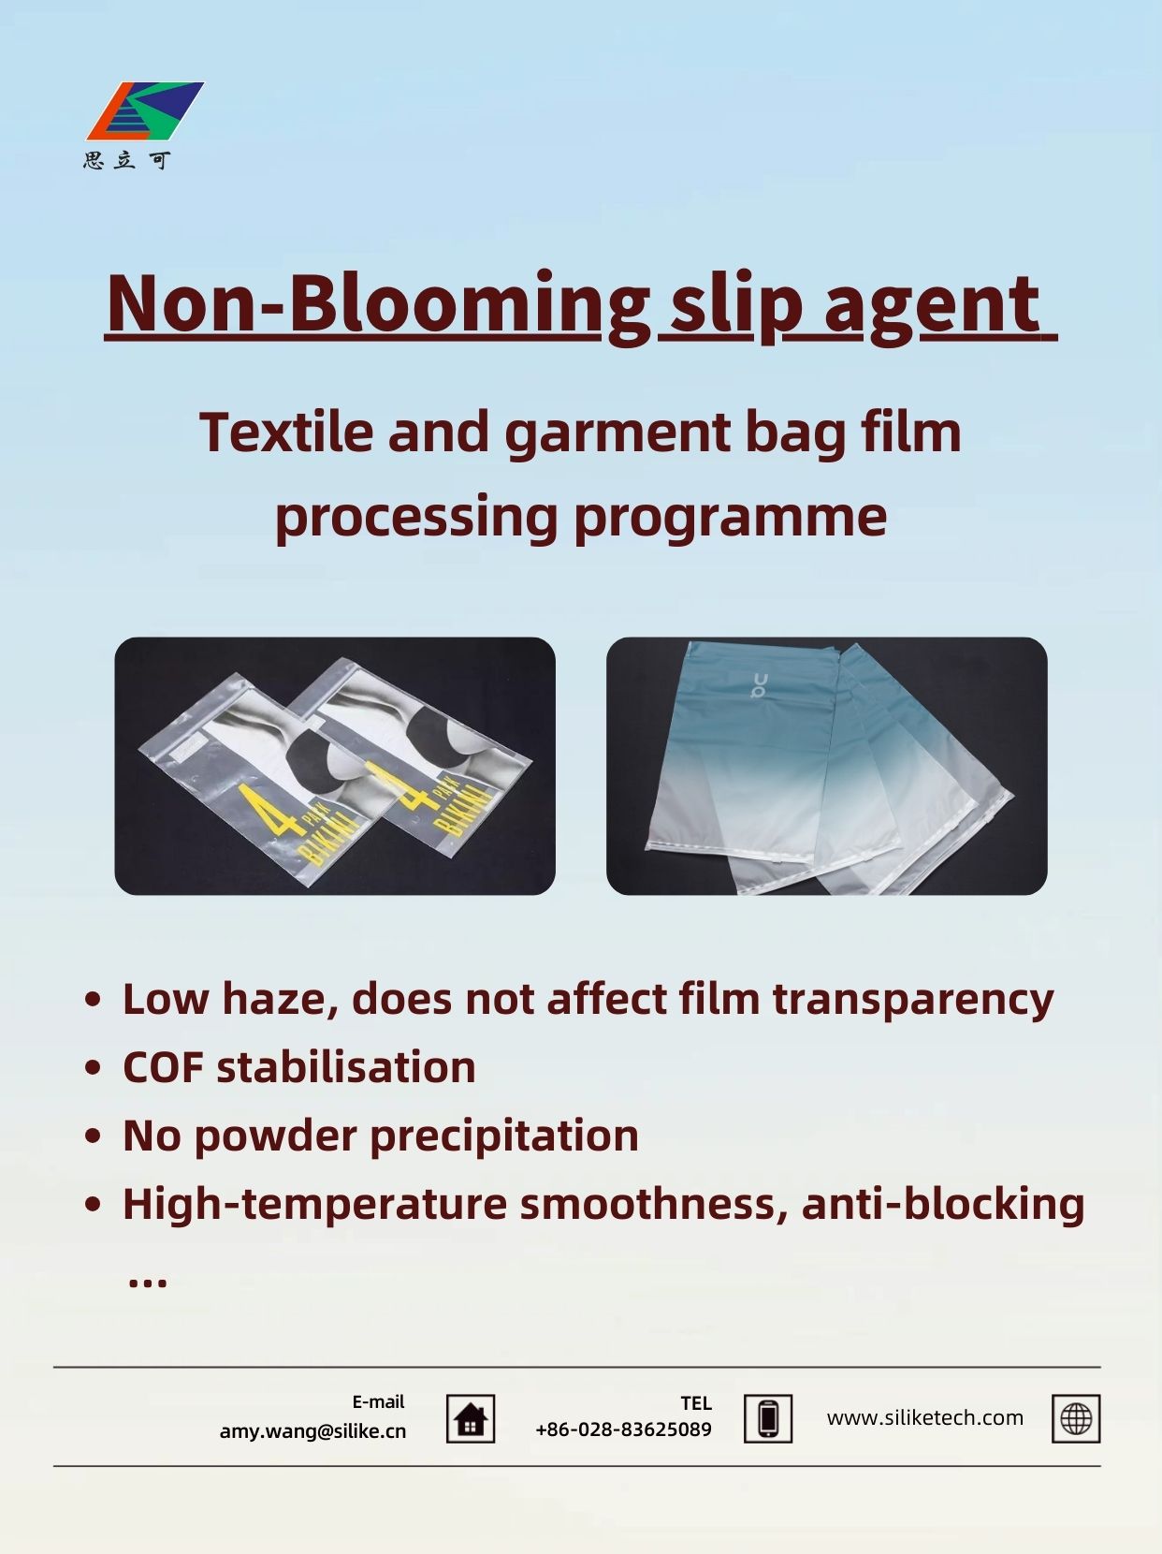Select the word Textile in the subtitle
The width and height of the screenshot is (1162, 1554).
pos(286,432)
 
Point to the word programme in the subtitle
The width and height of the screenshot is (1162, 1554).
pos(730,518)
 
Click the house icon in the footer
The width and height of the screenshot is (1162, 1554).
pos(471,1419)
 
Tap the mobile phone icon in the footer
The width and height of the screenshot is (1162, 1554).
pos(768,1419)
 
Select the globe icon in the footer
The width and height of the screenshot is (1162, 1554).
pos(1076,1419)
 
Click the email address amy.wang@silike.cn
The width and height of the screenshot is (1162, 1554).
pos(312,1431)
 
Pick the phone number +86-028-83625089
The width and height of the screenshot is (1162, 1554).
pos(623,1429)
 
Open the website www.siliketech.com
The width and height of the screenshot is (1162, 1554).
pos(925,1417)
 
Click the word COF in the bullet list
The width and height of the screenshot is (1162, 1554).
pos(163,1067)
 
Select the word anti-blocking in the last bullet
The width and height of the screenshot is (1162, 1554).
pos(943,1204)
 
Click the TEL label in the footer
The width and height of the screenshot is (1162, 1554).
pos(696,1403)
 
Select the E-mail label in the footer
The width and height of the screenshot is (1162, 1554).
pos(378,1401)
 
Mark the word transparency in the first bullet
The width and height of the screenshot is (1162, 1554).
pos(913,1000)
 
